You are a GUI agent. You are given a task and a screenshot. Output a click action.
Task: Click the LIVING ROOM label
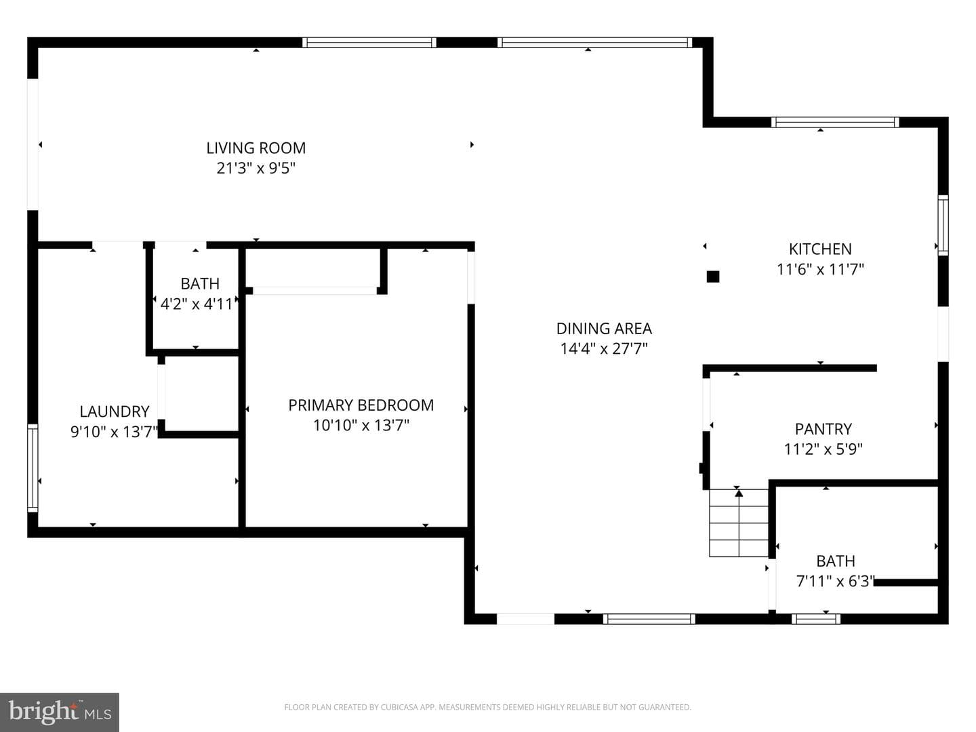(x=256, y=148)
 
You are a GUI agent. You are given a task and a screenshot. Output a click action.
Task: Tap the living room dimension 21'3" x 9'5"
(x=256, y=169)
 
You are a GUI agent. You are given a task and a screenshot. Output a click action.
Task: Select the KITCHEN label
(x=820, y=249)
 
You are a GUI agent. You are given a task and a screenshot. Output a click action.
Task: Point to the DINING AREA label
(x=604, y=329)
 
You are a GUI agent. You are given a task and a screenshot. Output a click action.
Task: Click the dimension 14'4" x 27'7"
(x=604, y=349)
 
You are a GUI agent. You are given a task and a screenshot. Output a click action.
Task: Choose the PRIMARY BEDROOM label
(x=361, y=405)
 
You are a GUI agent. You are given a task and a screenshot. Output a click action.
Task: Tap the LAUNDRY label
(x=115, y=411)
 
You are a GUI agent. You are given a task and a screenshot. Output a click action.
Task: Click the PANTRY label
(x=823, y=429)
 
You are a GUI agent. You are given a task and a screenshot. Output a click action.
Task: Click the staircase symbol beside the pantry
(x=739, y=523)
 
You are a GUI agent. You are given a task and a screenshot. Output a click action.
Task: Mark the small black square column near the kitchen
(x=713, y=277)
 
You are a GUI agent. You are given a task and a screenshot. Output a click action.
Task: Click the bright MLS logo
(x=60, y=712)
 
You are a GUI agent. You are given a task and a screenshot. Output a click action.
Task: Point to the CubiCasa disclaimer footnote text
(x=487, y=707)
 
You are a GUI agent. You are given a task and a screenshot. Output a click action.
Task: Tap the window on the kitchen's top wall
(x=835, y=122)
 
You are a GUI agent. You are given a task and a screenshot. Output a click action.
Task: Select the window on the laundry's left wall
(x=33, y=468)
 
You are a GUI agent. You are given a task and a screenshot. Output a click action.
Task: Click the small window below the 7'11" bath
(x=816, y=619)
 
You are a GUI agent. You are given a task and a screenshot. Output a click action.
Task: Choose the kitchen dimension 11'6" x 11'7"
(x=820, y=269)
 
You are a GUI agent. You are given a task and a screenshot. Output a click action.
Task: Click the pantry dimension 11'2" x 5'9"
(x=823, y=449)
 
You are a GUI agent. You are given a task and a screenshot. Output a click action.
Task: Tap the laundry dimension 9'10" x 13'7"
(x=115, y=432)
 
